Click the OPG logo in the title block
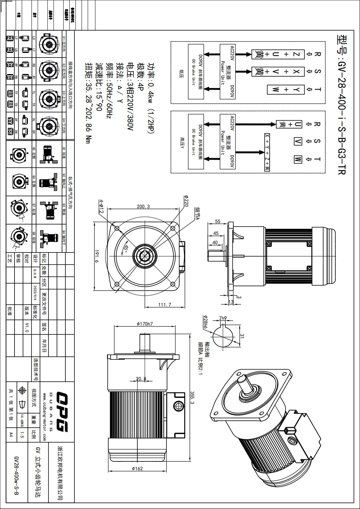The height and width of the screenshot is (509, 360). click(x=62, y=411)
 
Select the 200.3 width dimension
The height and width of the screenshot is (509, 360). click(x=143, y=206)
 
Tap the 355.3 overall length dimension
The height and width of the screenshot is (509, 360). click(x=192, y=397)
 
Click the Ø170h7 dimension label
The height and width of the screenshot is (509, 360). click(x=145, y=324)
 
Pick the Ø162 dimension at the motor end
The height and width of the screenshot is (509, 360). click(x=137, y=468)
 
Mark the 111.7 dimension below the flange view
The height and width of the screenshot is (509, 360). click(x=165, y=304)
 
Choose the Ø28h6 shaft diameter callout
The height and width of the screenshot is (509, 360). click(x=205, y=323)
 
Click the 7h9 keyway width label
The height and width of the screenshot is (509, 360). click(x=223, y=318)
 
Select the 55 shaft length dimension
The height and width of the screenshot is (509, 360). click(x=218, y=221)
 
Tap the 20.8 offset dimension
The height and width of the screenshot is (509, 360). click(x=141, y=379)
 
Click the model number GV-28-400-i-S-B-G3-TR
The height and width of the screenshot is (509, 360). click(x=342, y=105)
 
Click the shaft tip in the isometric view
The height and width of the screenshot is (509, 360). click(x=242, y=379)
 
